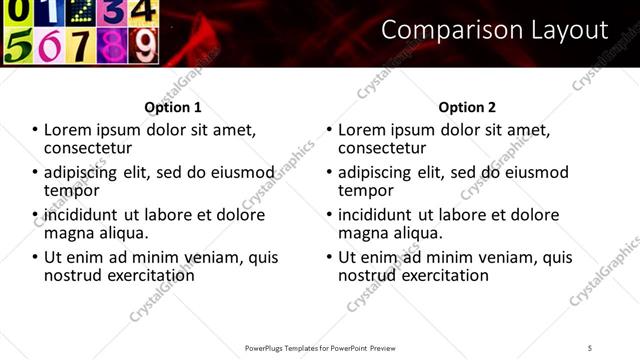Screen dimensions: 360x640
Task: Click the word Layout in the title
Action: (566, 30)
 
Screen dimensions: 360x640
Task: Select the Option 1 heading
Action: (173, 107)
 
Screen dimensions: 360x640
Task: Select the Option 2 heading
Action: (467, 107)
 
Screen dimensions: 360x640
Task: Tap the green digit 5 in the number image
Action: (19, 45)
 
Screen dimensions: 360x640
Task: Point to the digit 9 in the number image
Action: (143, 45)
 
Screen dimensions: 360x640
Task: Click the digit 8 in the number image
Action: (112, 45)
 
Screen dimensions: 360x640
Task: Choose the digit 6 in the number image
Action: (50, 45)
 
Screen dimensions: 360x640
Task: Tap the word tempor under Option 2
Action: (367, 190)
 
